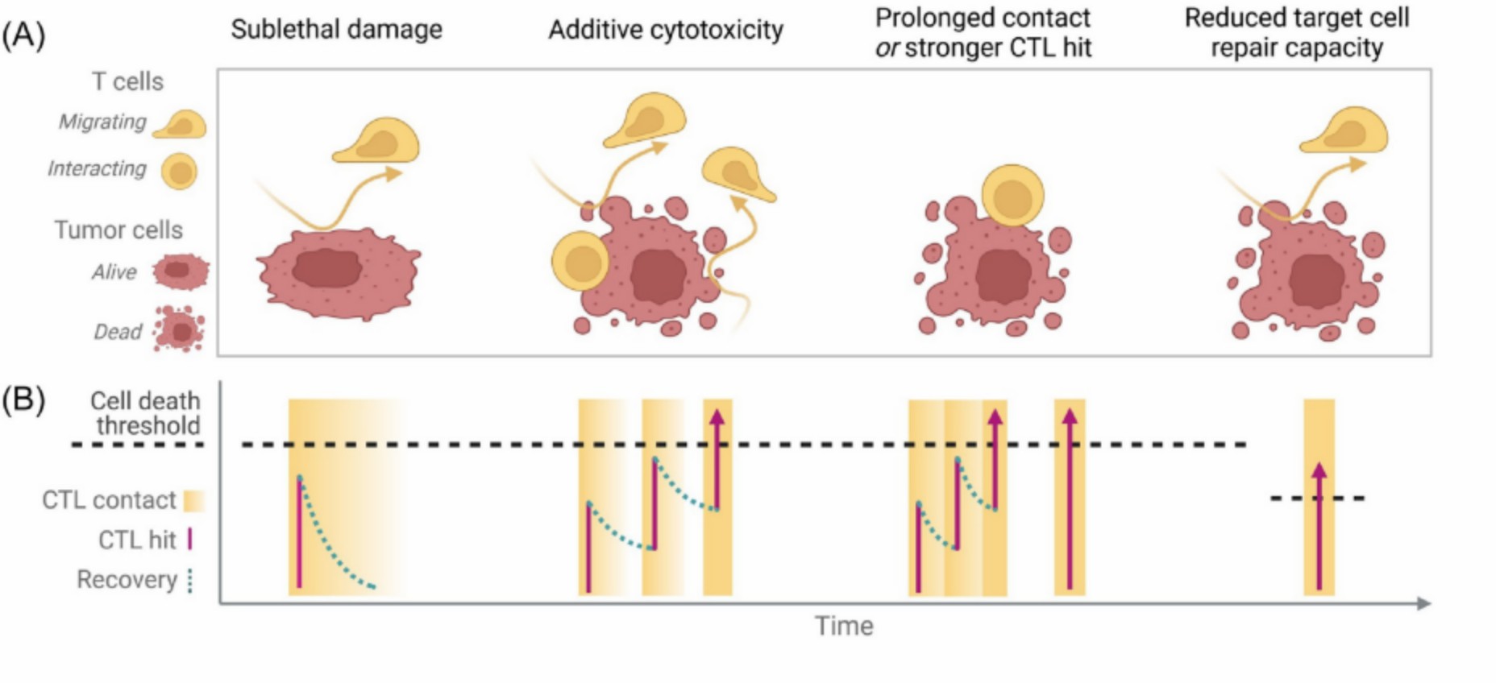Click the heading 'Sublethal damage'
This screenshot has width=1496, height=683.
click(336, 30)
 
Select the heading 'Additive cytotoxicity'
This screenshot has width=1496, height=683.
click(665, 30)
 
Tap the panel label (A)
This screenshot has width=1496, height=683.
click(23, 35)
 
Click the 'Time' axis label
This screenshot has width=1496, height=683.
click(843, 626)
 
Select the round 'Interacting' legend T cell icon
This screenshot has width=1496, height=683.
click(179, 172)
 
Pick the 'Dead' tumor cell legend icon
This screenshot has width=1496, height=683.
click(180, 329)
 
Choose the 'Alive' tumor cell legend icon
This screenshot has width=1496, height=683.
click(181, 271)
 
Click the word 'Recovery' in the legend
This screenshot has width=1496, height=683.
click(127, 580)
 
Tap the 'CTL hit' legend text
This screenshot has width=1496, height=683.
click(136, 540)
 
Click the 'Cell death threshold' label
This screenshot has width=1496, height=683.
click(145, 413)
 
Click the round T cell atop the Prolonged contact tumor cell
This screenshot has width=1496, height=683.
click(1012, 196)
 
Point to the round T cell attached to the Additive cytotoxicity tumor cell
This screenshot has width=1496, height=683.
click(580, 262)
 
